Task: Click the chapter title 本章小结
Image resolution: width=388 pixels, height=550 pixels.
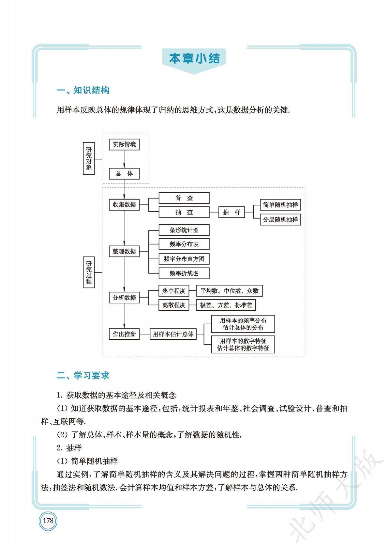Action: (194, 58)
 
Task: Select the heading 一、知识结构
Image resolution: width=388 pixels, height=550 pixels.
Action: (83, 90)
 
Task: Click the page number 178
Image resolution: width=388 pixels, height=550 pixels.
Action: (48, 521)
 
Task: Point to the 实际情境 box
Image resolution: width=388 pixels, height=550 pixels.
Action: (124, 144)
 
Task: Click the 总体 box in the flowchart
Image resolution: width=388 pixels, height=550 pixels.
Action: (124, 173)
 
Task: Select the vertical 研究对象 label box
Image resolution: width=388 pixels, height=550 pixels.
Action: (89, 158)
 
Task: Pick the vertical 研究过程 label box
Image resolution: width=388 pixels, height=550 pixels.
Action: (89, 272)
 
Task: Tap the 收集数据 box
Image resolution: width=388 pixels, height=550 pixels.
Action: (124, 204)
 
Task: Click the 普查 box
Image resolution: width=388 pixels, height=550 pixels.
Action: (184, 198)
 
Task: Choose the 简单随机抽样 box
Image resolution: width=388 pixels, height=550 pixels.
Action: (280, 205)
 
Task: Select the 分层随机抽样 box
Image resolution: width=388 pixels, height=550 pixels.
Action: (280, 219)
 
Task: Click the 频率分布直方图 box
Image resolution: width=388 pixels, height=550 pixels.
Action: (184, 259)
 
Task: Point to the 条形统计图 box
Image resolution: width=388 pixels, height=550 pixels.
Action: (184, 230)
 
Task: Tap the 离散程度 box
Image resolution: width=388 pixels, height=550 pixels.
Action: (174, 305)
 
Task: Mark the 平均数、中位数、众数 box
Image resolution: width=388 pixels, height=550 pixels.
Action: (229, 291)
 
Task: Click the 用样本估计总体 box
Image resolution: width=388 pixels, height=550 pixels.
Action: (173, 334)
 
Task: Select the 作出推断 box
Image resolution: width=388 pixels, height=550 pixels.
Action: (124, 334)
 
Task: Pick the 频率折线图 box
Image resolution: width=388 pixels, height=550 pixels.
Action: (184, 273)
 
